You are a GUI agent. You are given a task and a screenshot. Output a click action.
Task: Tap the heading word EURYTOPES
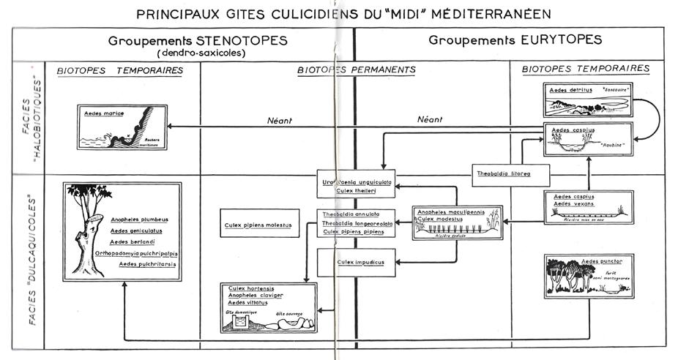[x=565, y=40]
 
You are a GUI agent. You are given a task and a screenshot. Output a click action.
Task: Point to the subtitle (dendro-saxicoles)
[x=198, y=53]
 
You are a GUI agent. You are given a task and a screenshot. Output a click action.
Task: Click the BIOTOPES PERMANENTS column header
[x=357, y=70]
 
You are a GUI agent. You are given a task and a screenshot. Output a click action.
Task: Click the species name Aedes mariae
[x=103, y=114]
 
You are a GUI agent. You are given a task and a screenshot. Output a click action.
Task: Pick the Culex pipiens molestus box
[x=258, y=225]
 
